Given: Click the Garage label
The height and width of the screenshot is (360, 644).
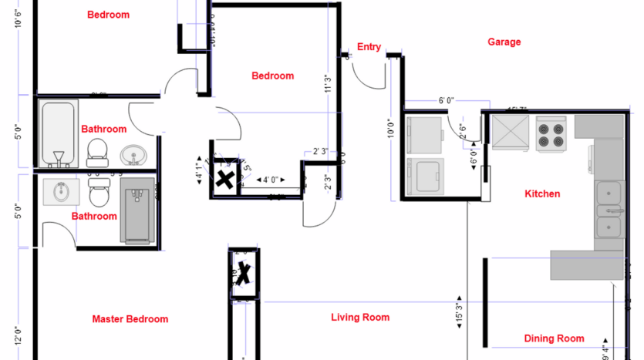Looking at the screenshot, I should coord(504,42).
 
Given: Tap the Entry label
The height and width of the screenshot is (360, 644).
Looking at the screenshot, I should coord(369,47).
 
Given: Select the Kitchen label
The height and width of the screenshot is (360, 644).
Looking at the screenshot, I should coord(542,193).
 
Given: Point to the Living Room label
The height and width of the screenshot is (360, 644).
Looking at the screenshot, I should coord(360,317).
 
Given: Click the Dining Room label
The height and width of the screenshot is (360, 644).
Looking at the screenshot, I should coord(554,338).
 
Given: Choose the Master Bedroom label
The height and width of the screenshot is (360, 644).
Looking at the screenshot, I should coord(130,319).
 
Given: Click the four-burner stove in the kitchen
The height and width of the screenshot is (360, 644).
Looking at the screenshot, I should coord(551,133).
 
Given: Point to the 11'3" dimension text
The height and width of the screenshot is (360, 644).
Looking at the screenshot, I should coord(328,83).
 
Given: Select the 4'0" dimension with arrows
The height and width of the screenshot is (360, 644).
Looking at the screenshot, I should coord(270,180).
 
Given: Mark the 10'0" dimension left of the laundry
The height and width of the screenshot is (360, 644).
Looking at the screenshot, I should coord(390,127).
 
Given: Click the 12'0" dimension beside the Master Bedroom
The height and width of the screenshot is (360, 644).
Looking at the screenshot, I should coord(18,336).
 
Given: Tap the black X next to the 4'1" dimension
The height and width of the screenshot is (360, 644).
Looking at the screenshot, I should coord(224,180).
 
